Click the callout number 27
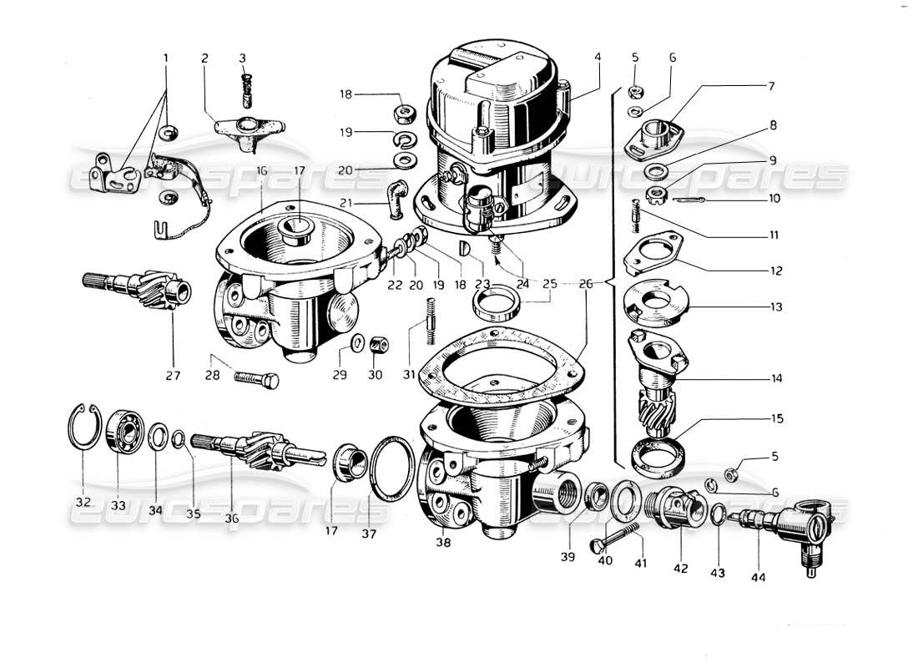point(173,375)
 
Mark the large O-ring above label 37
point(391,469)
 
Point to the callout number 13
point(776,306)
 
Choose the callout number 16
point(261,170)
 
